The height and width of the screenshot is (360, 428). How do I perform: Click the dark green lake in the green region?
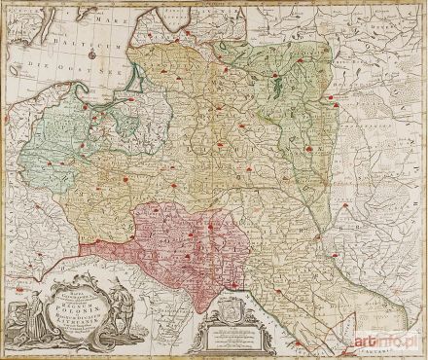point(274,91)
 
